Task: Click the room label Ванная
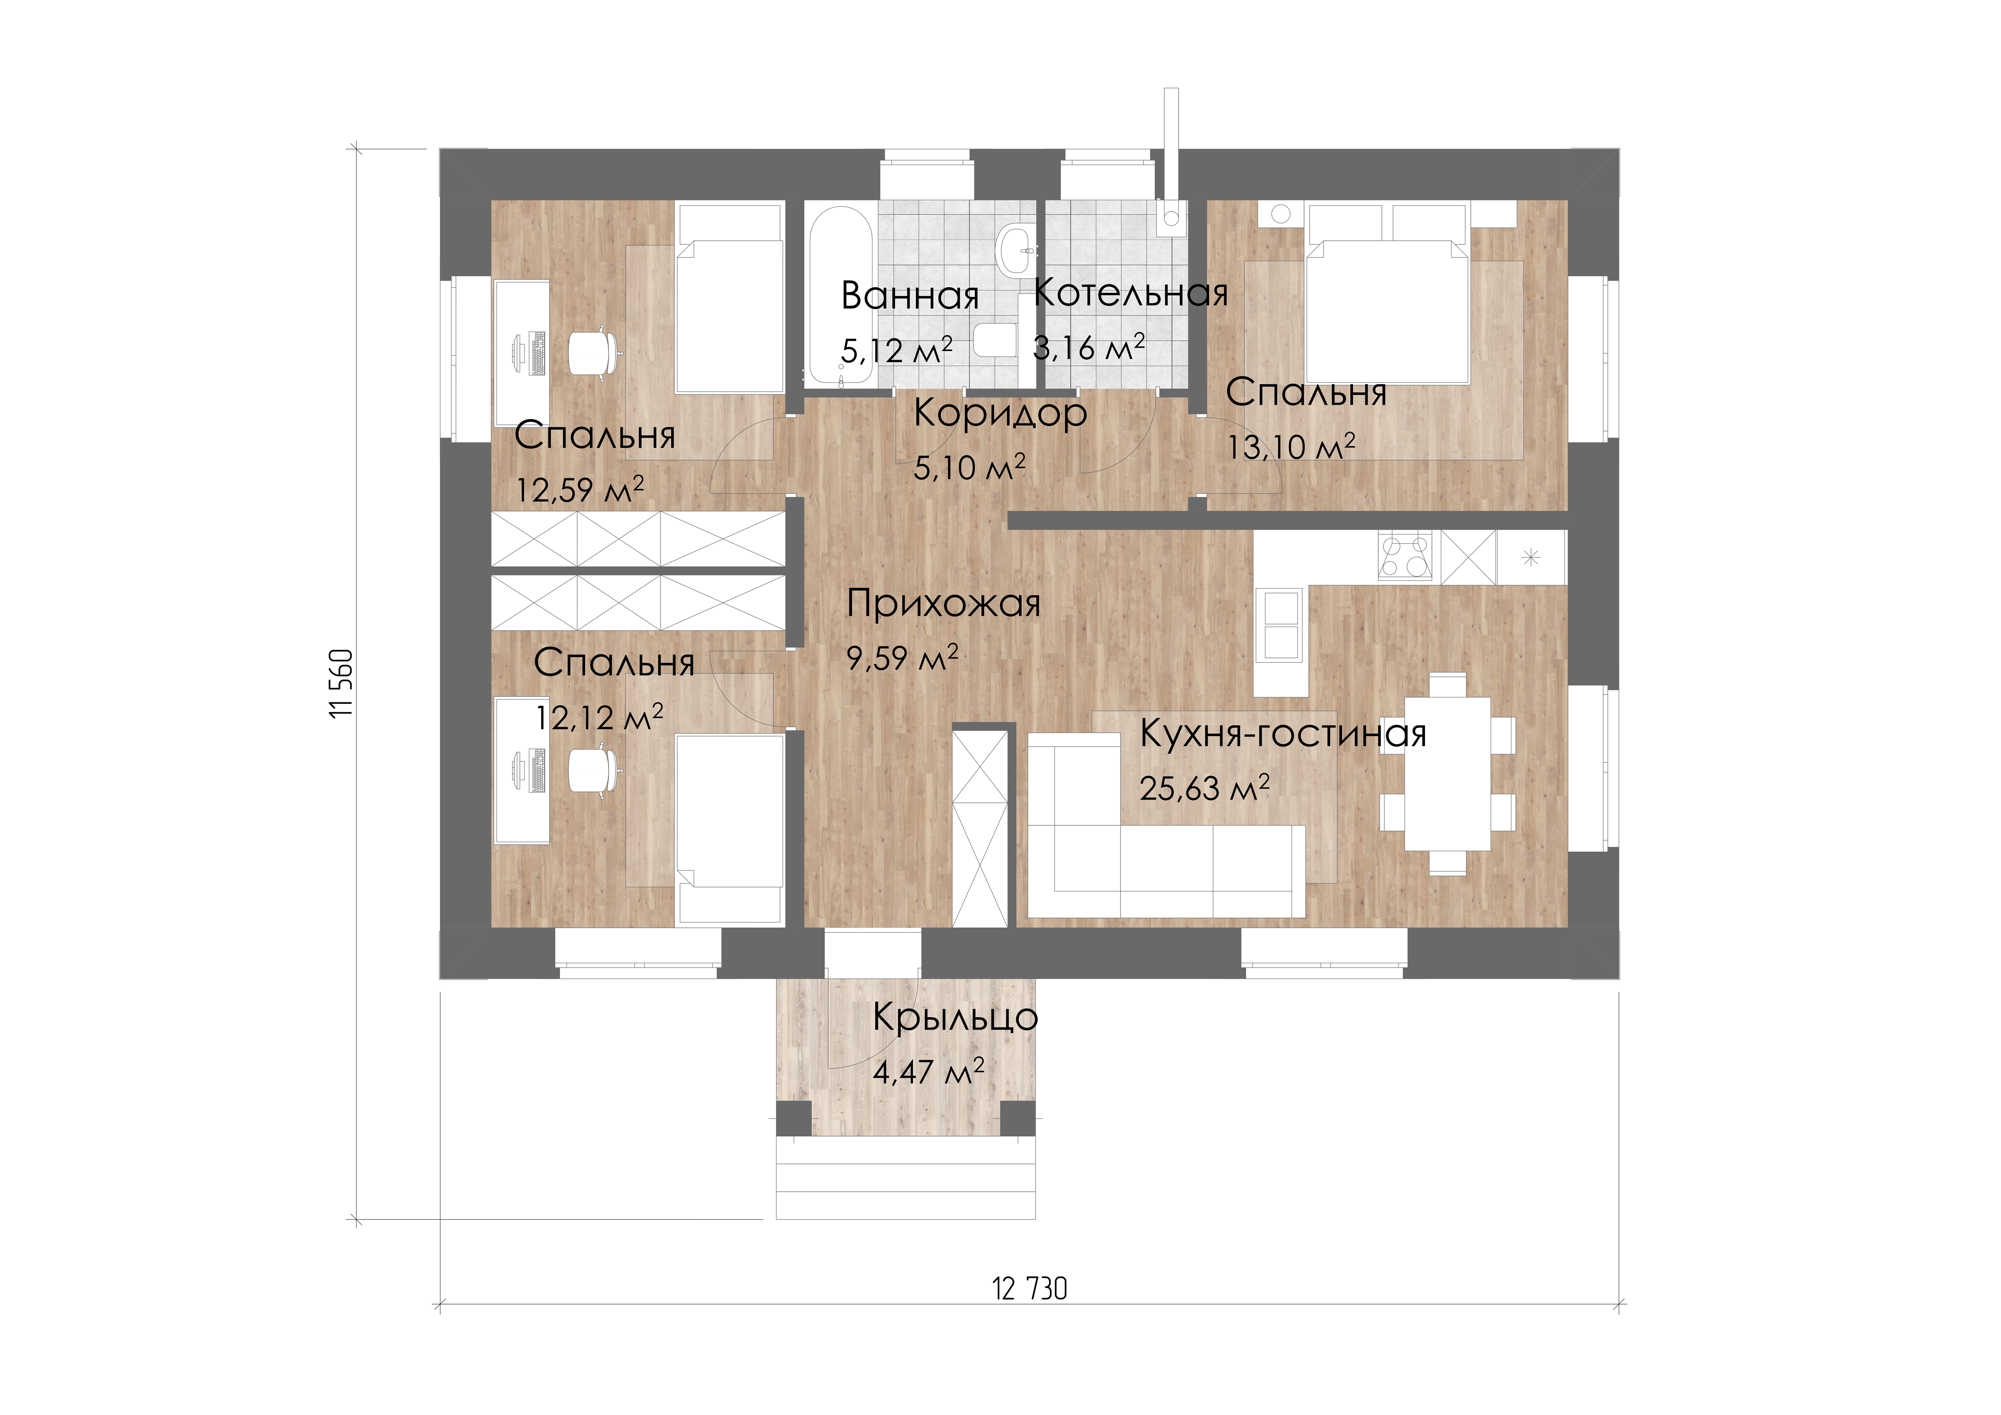tap(910, 296)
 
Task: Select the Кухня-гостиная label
tap(1283, 734)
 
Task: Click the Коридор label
tap(1000, 414)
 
